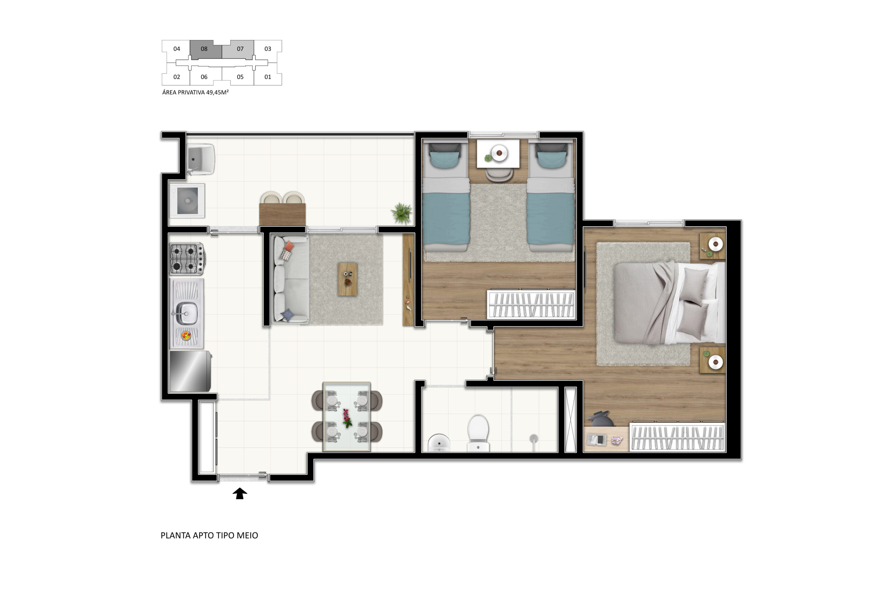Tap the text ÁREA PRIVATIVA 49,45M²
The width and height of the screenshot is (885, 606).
click(x=195, y=93)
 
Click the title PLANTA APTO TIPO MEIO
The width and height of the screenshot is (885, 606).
click(x=209, y=535)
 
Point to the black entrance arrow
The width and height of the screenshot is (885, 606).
click(x=240, y=493)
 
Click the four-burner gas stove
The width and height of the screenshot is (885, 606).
click(x=187, y=259)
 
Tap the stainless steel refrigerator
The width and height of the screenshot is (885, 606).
click(x=190, y=371)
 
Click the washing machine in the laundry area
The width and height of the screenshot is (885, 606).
click(x=187, y=201)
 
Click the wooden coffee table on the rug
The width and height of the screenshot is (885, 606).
click(x=347, y=279)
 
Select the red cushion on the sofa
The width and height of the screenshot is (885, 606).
click(x=289, y=246)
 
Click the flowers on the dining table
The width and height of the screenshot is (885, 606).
click(x=346, y=418)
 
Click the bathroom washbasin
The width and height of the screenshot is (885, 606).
click(x=439, y=443)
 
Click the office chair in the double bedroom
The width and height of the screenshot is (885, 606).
click(x=600, y=419)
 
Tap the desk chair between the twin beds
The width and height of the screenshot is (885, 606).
click(x=499, y=174)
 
